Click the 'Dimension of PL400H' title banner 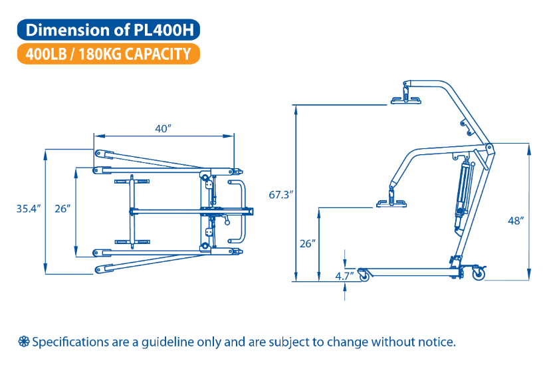110,30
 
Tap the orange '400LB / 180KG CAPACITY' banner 110,54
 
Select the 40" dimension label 164,128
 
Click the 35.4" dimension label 29,209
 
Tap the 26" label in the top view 62,209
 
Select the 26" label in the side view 306,243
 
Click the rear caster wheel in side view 478,273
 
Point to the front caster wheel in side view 363,274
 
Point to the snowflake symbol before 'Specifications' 24,342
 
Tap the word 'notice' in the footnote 435,342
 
